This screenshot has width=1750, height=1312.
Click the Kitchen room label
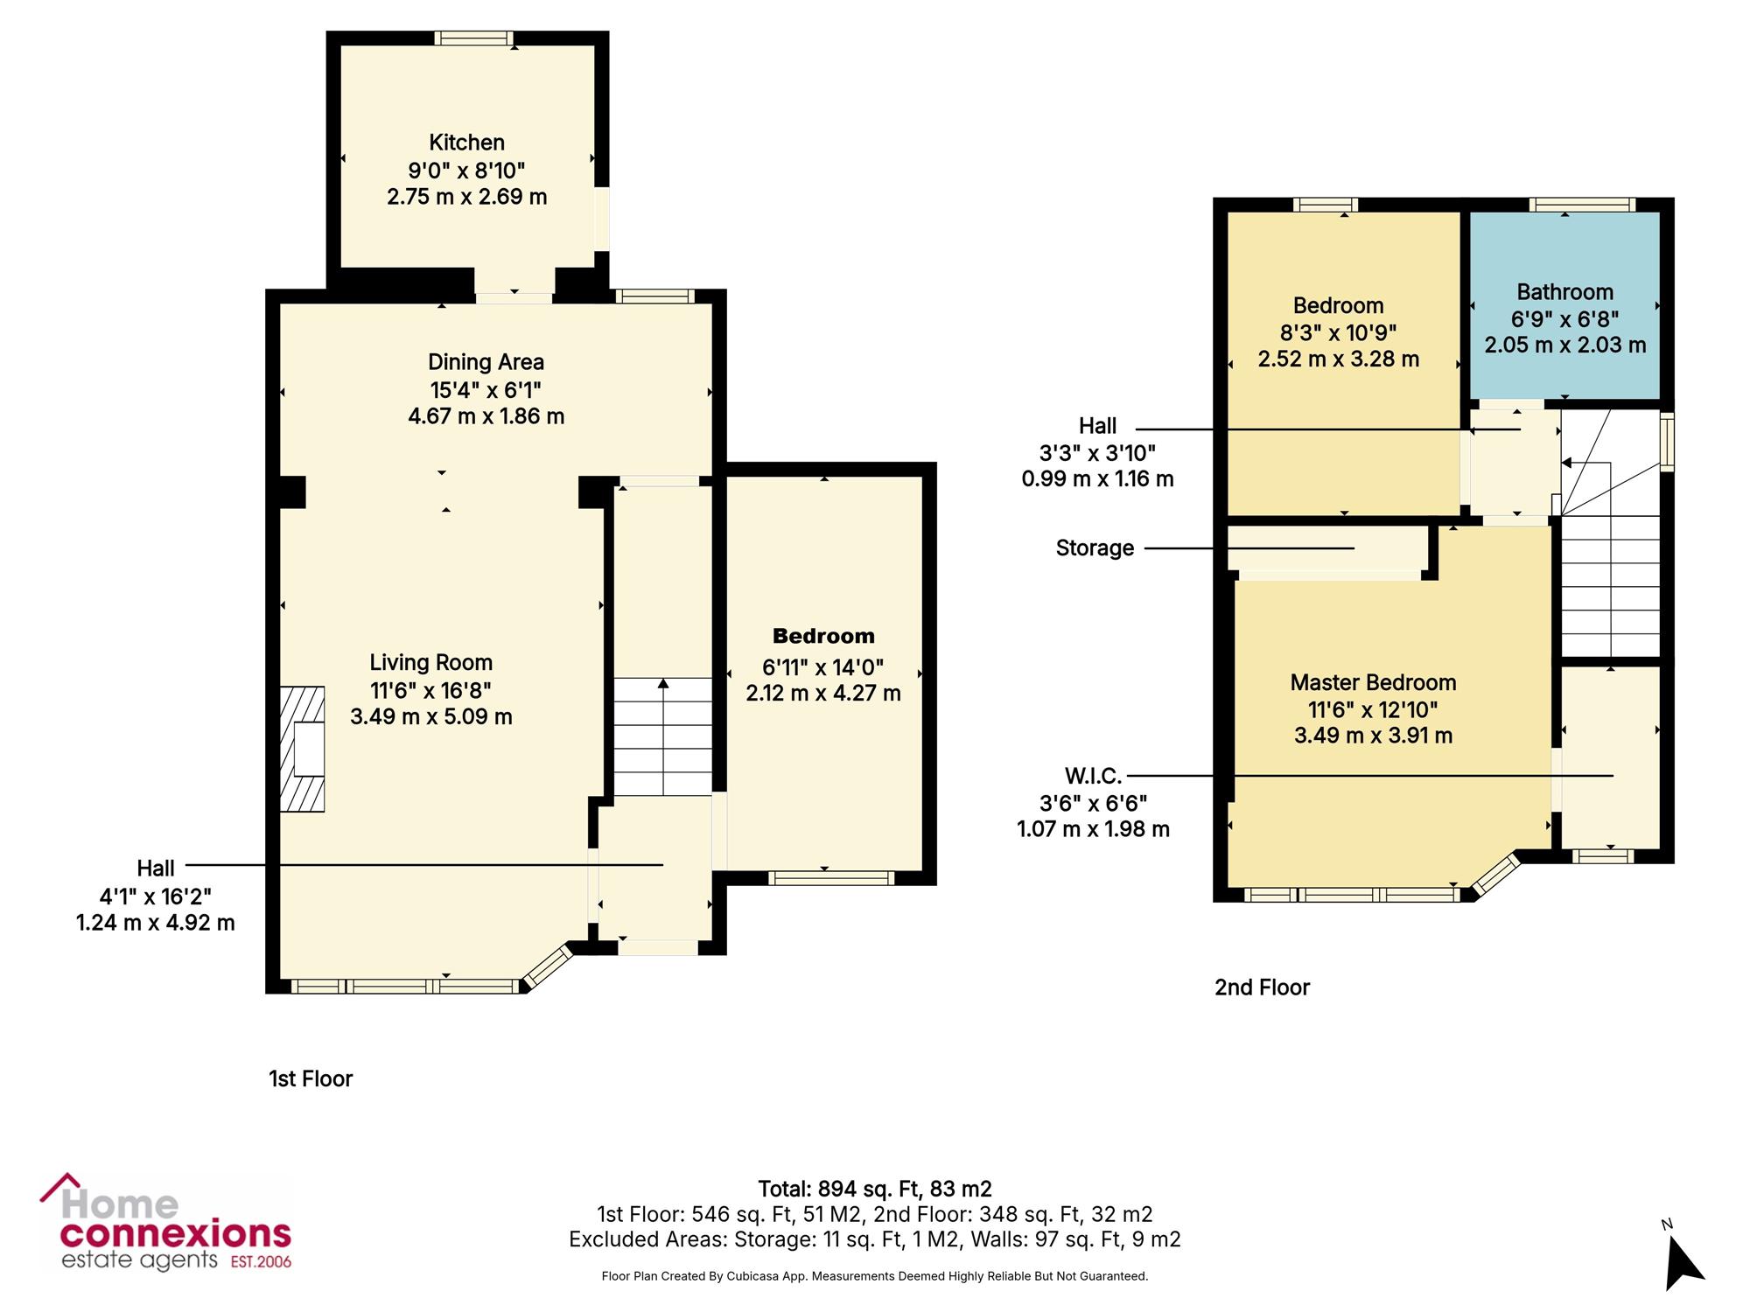[466, 143]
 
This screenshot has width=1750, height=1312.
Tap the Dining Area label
[486, 362]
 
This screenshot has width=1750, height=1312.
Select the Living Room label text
[430, 663]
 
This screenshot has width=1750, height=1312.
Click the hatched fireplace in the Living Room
[302, 749]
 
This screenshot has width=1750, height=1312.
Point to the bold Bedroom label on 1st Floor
[823, 636]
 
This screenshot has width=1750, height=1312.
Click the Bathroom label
[1564, 292]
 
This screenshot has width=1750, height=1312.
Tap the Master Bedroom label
[1373, 682]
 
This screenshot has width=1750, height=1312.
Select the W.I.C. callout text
[1093, 776]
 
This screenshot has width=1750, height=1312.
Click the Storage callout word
[1095, 548]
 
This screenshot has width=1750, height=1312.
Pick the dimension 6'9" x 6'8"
[1564, 318]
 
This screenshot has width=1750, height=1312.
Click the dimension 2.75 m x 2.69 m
[466, 197]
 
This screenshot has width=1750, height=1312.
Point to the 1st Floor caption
[311, 1078]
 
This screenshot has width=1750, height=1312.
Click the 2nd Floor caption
[1262, 987]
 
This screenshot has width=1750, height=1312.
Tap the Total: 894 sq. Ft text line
[875, 1189]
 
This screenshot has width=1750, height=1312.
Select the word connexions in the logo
[175, 1235]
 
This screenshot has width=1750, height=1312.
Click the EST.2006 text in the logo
[261, 1262]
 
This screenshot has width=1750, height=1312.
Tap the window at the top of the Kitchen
[473, 38]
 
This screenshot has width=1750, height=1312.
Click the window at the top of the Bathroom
[1582, 205]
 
